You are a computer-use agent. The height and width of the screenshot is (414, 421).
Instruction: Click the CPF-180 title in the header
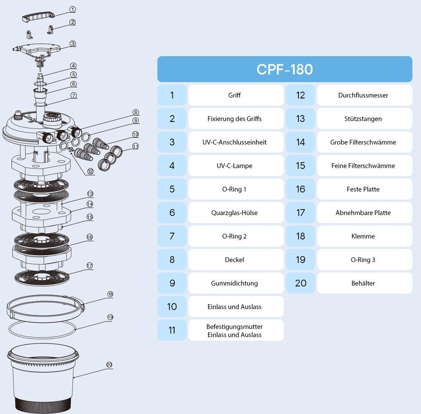(x=284, y=69)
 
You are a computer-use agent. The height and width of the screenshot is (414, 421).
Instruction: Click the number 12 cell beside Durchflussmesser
(x=301, y=95)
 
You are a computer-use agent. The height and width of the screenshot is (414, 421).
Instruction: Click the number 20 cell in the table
(x=301, y=283)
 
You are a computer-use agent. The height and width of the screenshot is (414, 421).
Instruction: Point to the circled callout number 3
(x=73, y=44)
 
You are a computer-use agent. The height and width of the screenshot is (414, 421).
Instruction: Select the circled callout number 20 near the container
(x=109, y=365)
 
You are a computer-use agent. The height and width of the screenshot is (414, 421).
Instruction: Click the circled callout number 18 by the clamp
(x=110, y=294)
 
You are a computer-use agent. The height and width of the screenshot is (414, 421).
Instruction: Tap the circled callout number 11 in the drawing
(x=136, y=146)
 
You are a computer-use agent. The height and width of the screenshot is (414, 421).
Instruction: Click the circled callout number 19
(x=110, y=317)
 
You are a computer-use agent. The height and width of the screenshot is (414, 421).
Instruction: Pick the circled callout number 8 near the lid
(x=136, y=112)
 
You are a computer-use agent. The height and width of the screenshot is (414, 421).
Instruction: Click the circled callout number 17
(x=90, y=266)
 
